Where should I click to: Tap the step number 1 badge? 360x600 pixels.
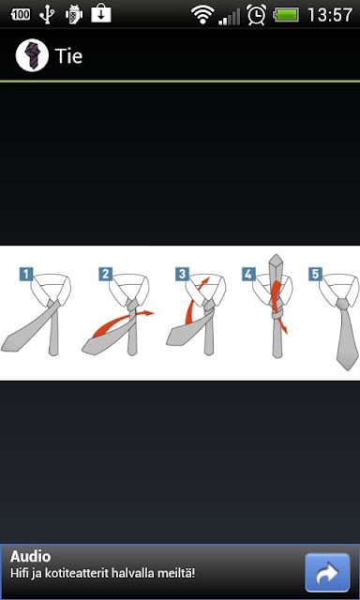[26, 275]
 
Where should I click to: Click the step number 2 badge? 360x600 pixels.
[106, 275]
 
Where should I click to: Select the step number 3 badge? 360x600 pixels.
[183, 275]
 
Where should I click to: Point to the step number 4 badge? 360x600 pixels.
[248, 275]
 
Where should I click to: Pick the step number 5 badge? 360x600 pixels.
[315, 275]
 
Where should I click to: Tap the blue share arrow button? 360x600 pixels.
[327, 573]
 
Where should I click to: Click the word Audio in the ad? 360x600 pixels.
[30, 557]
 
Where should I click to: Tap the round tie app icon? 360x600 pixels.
[32, 56]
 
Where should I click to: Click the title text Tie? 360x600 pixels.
[68, 56]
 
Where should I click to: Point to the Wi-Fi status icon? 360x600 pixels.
[202, 15]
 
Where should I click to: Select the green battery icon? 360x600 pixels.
[286, 16]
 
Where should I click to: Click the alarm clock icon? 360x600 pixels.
[256, 15]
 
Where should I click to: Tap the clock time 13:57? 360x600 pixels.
[330, 15]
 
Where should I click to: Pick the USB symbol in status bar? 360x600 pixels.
[47, 15]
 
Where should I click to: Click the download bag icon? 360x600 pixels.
[101, 15]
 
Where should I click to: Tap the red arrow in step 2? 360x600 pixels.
[123, 323]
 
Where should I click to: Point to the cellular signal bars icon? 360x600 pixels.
[229, 17]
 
